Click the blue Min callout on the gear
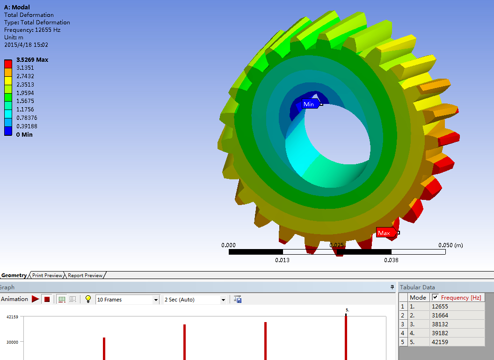(x=310, y=104)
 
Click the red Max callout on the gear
(x=385, y=233)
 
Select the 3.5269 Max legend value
(x=32, y=59)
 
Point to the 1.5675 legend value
(x=25, y=101)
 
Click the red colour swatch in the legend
(x=8, y=64)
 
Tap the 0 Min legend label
(x=24, y=135)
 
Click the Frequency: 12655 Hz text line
(x=32, y=30)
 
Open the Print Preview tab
(x=47, y=275)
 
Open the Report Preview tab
(x=85, y=275)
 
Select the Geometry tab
(x=14, y=275)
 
